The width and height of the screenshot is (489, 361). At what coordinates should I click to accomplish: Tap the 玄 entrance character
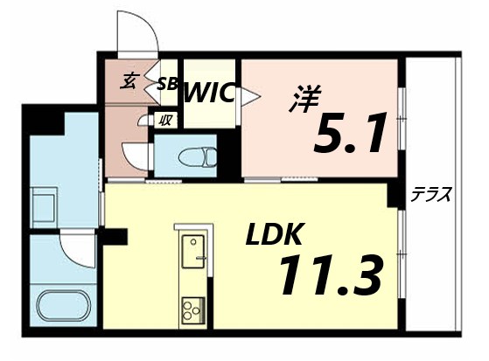129,82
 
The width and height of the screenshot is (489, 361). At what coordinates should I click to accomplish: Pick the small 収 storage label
164,121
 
